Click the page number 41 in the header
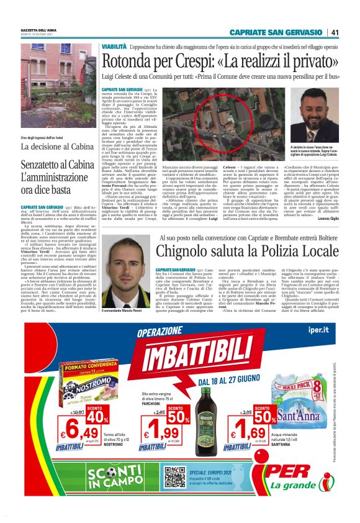[x=335, y=33]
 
